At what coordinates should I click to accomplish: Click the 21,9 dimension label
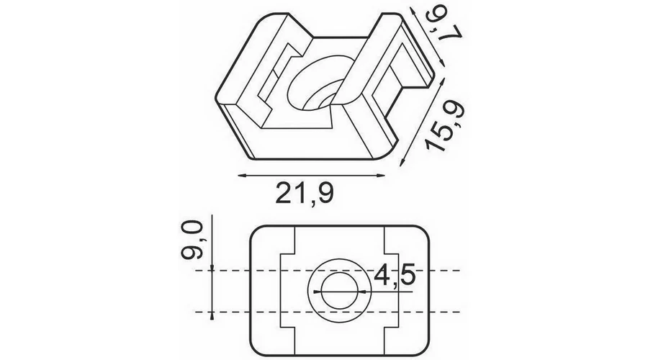305,194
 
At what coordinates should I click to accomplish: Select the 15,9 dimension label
446,126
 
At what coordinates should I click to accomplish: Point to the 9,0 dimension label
192,240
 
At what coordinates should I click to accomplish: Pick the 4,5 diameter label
395,274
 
